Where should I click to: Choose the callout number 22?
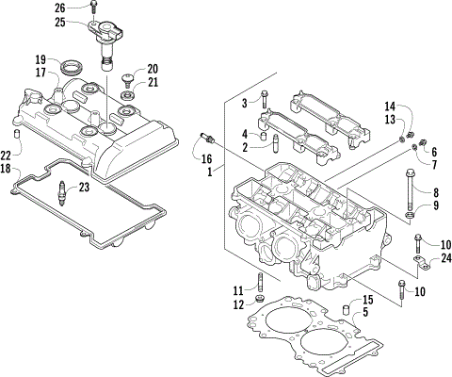[7, 156]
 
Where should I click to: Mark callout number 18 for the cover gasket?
[7, 169]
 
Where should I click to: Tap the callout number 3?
[244, 102]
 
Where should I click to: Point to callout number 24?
[434, 258]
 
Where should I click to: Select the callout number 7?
[434, 165]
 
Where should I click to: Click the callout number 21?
[153, 84]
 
